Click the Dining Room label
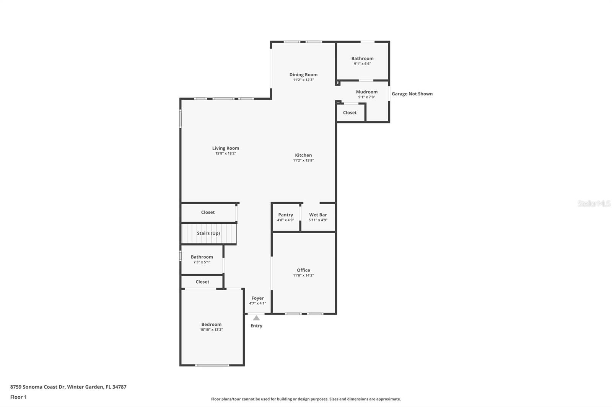click(303, 74)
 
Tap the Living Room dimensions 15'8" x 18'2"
click(226, 153)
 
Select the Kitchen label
click(303, 155)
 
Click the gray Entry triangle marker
click(256, 318)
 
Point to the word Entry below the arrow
click(256, 326)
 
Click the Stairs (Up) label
click(208, 233)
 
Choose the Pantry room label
click(285, 215)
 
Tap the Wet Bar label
click(318, 215)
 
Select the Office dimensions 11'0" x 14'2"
click(303, 275)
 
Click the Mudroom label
click(366, 92)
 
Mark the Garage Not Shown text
click(412, 94)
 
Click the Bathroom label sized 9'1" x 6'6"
click(362, 58)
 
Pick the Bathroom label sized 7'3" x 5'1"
click(202, 257)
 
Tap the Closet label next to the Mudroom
click(350, 113)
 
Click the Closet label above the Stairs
click(208, 212)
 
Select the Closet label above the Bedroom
click(202, 282)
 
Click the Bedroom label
click(211, 325)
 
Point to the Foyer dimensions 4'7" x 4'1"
click(257, 304)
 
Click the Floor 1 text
click(18, 397)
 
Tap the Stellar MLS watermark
click(594, 203)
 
